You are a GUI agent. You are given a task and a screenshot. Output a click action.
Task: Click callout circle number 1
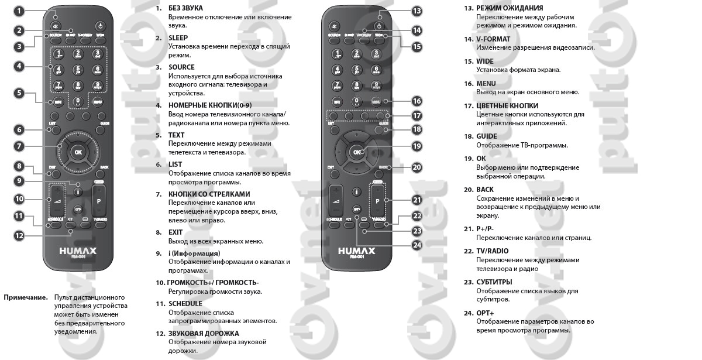(19, 11)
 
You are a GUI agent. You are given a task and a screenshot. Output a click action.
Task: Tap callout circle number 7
(19, 146)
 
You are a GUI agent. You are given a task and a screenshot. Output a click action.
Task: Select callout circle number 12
(19, 235)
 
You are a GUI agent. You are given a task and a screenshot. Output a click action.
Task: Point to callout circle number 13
(417, 11)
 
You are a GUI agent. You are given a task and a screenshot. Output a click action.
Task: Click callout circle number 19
(417, 146)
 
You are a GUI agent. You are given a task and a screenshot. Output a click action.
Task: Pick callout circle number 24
(417, 245)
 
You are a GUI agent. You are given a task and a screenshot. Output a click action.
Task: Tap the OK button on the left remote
(77, 152)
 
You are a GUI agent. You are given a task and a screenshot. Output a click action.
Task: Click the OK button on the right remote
(356, 152)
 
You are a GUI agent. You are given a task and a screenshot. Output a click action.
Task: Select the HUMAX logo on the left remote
(77, 251)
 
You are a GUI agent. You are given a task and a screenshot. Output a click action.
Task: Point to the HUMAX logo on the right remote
(356, 251)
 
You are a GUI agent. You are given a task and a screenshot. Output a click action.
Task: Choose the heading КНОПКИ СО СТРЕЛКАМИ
(209, 194)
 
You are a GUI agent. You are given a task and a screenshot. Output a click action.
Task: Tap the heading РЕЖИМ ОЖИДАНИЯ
(510, 8)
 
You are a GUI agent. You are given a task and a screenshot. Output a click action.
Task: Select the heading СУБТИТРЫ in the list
(494, 282)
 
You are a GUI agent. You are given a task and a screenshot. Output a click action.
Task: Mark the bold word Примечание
(26, 297)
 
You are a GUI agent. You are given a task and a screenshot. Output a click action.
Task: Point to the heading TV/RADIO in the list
(492, 251)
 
